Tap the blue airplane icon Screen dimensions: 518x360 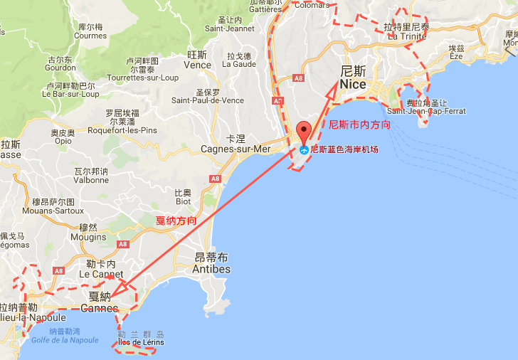[304, 150]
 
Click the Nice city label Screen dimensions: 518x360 [353, 84]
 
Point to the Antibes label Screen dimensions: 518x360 [211, 269]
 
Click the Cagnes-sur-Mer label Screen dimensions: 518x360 [236, 149]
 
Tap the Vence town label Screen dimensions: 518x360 [197, 65]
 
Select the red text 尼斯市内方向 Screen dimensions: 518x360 [359, 125]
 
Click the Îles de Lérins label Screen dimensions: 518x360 [141, 342]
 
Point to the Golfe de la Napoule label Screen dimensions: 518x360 [65, 340]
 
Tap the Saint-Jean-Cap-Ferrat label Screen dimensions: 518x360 [426, 111]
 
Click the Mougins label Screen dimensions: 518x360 [88, 238]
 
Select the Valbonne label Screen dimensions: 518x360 [91, 180]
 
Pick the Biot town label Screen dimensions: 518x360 [184, 201]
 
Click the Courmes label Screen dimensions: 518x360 [90, 36]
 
